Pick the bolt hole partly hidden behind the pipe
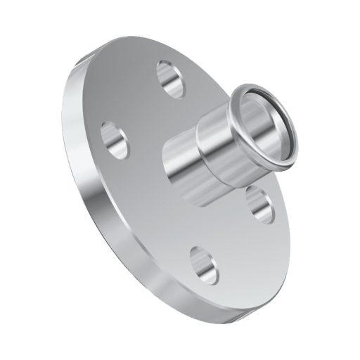tap(259, 204)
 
